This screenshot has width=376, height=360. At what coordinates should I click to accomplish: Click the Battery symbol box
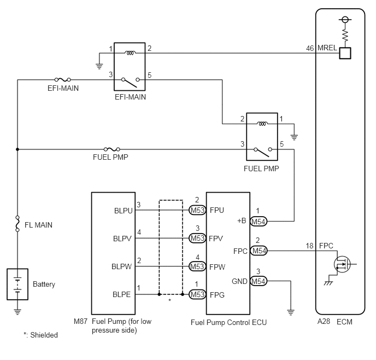(17, 284)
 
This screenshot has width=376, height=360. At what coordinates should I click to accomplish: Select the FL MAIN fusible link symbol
(17, 223)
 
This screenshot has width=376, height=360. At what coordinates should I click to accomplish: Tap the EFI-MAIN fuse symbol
(63, 80)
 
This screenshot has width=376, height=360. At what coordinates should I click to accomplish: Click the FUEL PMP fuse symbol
(111, 149)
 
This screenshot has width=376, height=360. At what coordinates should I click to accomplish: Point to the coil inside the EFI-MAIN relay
(130, 53)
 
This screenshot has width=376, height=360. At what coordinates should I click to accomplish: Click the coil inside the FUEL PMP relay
(262, 124)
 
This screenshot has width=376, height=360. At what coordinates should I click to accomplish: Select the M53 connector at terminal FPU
(197, 210)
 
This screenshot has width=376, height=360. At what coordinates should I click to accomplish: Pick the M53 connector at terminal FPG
(197, 294)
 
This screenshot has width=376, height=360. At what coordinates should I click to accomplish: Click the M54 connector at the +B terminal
(258, 221)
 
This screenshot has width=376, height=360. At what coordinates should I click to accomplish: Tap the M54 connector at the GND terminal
(258, 281)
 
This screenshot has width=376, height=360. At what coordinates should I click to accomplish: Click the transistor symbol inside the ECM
(342, 264)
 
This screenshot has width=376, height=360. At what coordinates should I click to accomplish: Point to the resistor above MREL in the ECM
(345, 35)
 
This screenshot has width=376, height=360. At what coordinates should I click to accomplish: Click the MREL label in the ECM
(327, 48)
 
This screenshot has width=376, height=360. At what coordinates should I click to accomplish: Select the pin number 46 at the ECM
(310, 48)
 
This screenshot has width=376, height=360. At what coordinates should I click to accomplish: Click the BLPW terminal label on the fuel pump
(121, 266)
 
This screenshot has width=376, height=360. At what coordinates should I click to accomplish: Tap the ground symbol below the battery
(17, 312)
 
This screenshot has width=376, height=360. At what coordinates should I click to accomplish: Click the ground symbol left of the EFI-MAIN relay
(99, 66)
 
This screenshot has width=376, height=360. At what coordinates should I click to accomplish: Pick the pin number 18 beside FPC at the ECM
(309, 246)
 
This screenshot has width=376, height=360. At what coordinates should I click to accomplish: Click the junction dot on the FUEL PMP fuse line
(17, 149)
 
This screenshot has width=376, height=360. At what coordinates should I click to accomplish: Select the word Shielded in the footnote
(44, 335)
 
